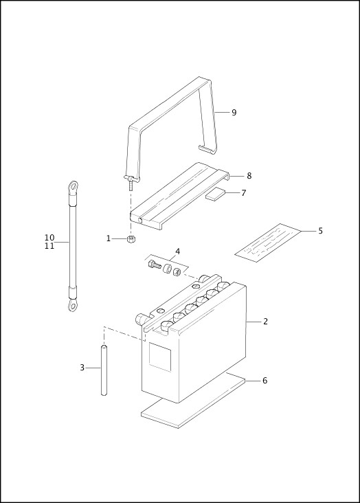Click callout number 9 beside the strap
234,113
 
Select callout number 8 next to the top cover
249,176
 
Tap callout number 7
243,193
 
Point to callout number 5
320,231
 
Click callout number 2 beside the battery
265,321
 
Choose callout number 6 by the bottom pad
265,380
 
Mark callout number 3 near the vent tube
82,368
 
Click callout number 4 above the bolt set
177,252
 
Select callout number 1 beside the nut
108,238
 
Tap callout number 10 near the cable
49,238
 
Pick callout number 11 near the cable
49,246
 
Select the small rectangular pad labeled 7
215,194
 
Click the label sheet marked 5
268,242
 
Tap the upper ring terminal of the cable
72,186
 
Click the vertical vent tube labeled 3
104,370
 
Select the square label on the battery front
160,357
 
